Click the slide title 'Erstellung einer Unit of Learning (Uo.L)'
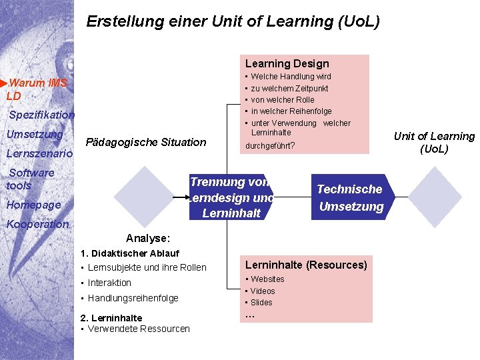[233, 21]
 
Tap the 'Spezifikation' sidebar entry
[41, 115]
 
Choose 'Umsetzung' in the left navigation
[34, 134]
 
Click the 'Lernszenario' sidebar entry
[39, 154]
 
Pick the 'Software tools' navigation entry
[31, 179]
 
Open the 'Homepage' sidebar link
[33, 205]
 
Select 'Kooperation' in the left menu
[37, 224]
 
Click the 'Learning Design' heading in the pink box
[287, 63]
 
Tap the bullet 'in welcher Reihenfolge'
[291, 111]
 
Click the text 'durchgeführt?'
[270, 145]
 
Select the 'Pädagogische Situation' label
[146, 142]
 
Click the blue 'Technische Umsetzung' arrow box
[351, 197]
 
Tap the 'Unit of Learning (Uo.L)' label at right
[434, 142]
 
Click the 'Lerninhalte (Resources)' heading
[306, 265]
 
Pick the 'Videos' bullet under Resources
[263, 291]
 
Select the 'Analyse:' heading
[148, 238]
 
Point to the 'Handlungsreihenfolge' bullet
[133, 298]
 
